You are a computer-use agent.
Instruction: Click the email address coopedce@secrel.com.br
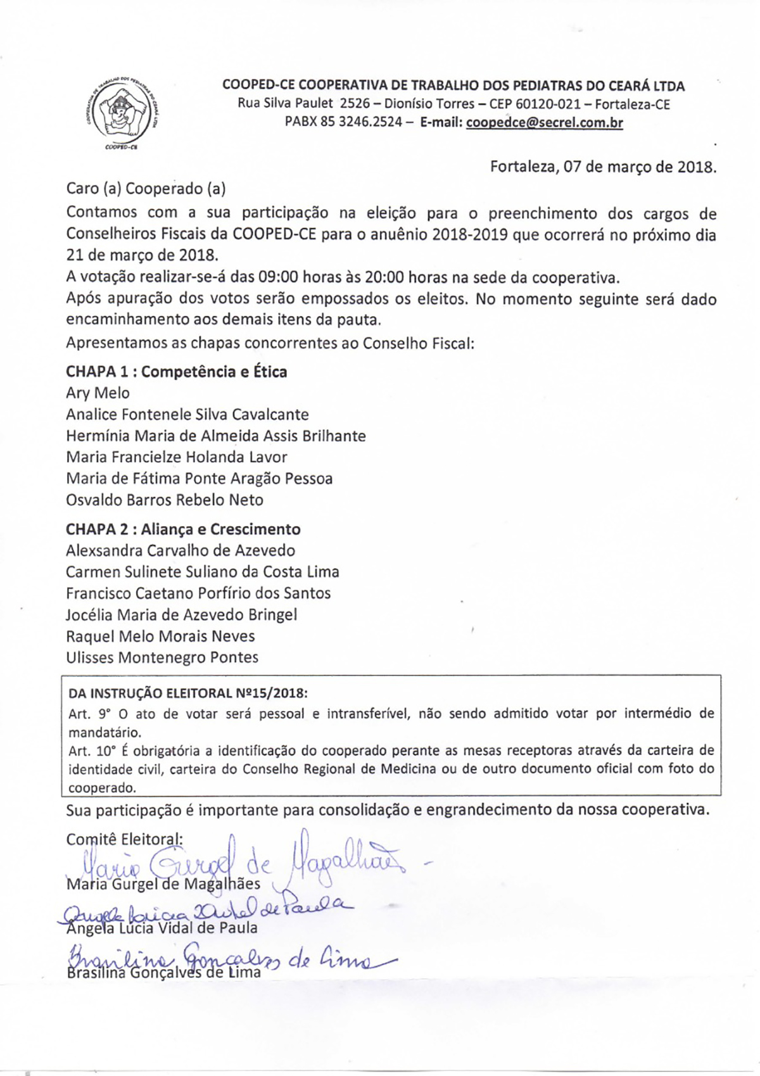click(x=544, y=123)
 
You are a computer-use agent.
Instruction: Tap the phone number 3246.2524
click(x=370, y=123)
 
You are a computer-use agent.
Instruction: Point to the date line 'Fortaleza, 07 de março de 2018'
click(x=603, y=168)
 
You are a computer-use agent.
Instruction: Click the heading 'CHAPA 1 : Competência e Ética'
click(x=176, y=372)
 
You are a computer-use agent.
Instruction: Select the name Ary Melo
click(x=98, y=393)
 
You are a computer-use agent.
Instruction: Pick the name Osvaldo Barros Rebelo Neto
click(x=165, y=500)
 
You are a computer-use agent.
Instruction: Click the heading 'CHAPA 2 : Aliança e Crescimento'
click(x=183, y=529)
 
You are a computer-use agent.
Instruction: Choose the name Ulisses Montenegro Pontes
click(x=162, y=658)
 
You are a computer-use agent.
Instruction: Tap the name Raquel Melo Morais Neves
click(x=160, y=636)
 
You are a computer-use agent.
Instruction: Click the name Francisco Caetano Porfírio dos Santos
click(x=198, y=593)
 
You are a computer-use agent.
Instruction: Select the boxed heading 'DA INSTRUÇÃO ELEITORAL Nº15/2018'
click(x=188, y=693)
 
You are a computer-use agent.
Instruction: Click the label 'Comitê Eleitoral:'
click(x=124, y=840)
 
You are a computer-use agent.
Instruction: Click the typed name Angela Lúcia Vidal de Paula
click(x=162, y=928)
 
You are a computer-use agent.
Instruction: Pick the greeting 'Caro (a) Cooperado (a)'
click(x=146, y=189)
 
